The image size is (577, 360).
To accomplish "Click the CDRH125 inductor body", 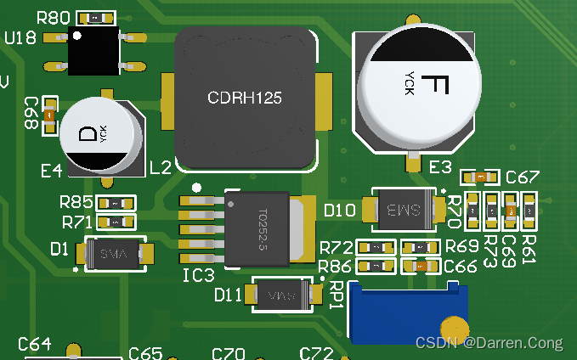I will (x=245, y=98).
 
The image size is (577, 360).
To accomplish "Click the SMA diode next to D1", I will (x=115, y=254).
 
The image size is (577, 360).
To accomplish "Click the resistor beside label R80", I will (x=98, y=17).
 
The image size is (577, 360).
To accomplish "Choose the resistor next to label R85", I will (x=115, y=203).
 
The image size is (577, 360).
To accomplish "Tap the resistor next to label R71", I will (x=115, y=222).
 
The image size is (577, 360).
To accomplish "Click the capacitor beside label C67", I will (x=481, y=177).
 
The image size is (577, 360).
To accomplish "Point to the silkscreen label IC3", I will (x=198, y=275).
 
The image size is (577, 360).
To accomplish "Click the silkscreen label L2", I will (x=161, y=167).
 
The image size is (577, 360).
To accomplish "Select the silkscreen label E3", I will (x=440, y=167).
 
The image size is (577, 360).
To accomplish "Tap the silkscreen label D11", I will (x=228, y=295).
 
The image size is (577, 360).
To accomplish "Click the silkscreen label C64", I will (x=35, y=344).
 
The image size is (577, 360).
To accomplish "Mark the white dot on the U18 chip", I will (x=77, y=36).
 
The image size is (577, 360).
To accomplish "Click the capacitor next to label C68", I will (x=49, y=114).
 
